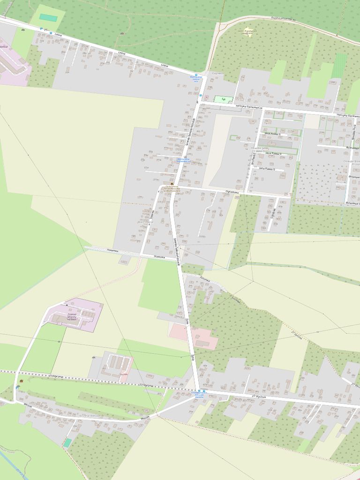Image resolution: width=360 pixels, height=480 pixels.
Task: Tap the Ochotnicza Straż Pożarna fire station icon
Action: (172, 184)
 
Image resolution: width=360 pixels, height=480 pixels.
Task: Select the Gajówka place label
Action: (217, 74)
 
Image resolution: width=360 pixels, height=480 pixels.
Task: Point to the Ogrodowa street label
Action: (232, 192)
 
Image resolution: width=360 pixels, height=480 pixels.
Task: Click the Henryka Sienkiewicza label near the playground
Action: (249, 107)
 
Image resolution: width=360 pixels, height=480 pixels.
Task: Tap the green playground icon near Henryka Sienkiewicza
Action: (224, 99)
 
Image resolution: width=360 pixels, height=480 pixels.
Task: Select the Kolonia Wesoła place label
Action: (90, 415)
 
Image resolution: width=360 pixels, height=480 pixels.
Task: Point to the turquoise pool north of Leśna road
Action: (48, 17)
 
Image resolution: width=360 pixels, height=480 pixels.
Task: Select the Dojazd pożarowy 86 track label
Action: (284, 19)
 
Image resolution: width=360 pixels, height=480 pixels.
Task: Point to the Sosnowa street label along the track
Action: (235, 299)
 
